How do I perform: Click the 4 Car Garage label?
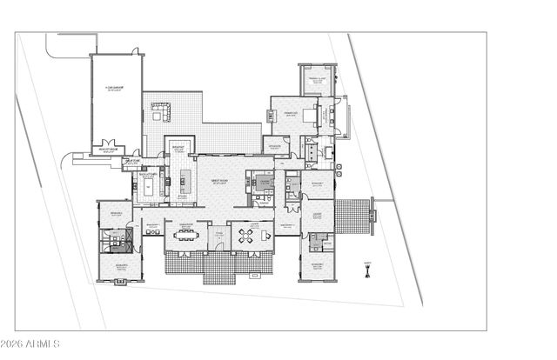tap(116, 88)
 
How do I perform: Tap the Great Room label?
tap(218, 183)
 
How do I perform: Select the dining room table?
tap(188, 235)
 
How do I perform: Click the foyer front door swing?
tap(218, 245)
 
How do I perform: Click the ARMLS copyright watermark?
tap(30, 345)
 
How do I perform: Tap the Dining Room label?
tap(185, 224)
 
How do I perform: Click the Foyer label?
tap(218, 232)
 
